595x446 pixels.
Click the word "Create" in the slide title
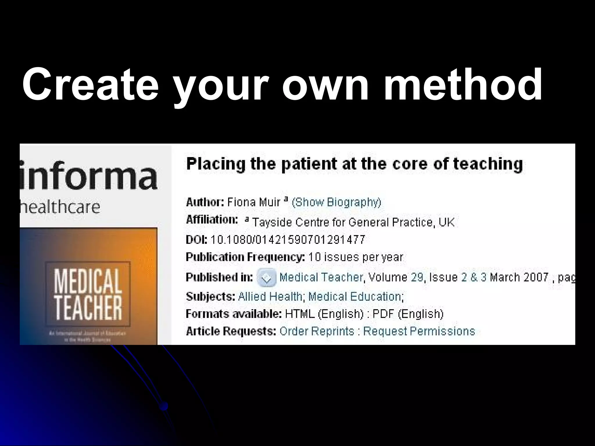(x=90, y=84)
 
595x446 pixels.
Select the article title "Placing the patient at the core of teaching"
(x=354, y=164)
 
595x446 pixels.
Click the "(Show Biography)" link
(x=336, y=202)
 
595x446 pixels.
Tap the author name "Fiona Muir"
(x=253, y=202)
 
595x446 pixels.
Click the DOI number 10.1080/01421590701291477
(x=288, y=240)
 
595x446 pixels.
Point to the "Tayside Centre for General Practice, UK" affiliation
(x=353, y=222)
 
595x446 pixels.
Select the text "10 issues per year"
(x=356, y=257)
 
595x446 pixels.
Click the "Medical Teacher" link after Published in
(x=321, y=278)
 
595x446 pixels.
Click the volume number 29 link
(x=417, y=278)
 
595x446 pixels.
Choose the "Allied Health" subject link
(x=270, y=296)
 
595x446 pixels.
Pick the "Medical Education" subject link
(x=355, y=296)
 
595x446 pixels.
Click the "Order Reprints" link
(x=317, y=331)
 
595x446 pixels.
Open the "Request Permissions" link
(x=419, y=331)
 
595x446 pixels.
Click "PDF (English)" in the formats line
(x=408, y=314)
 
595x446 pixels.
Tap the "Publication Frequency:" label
(x=245, y=257)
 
